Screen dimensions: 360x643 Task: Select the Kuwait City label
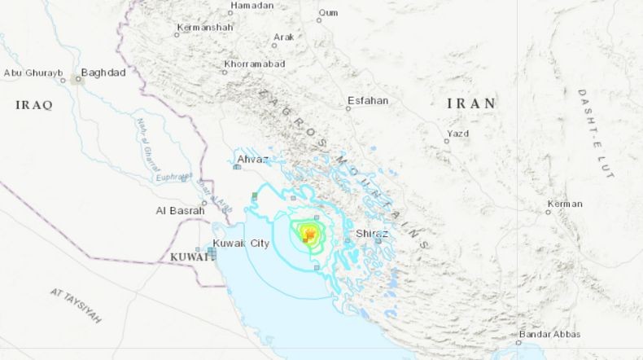pos(240,243)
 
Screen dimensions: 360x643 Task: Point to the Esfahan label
pos(368,101)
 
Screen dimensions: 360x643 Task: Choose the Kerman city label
pos(564,204)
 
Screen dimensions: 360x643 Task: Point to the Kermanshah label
pos(205,28)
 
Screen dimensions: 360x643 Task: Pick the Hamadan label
pos(252,6)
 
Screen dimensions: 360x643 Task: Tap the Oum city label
pos(329,12)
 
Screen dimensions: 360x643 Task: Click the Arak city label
pos(283,37)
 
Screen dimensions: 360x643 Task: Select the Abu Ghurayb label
pos(34,72)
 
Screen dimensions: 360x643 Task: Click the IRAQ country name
pos(34,105)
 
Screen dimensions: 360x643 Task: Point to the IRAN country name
pos(471,103)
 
